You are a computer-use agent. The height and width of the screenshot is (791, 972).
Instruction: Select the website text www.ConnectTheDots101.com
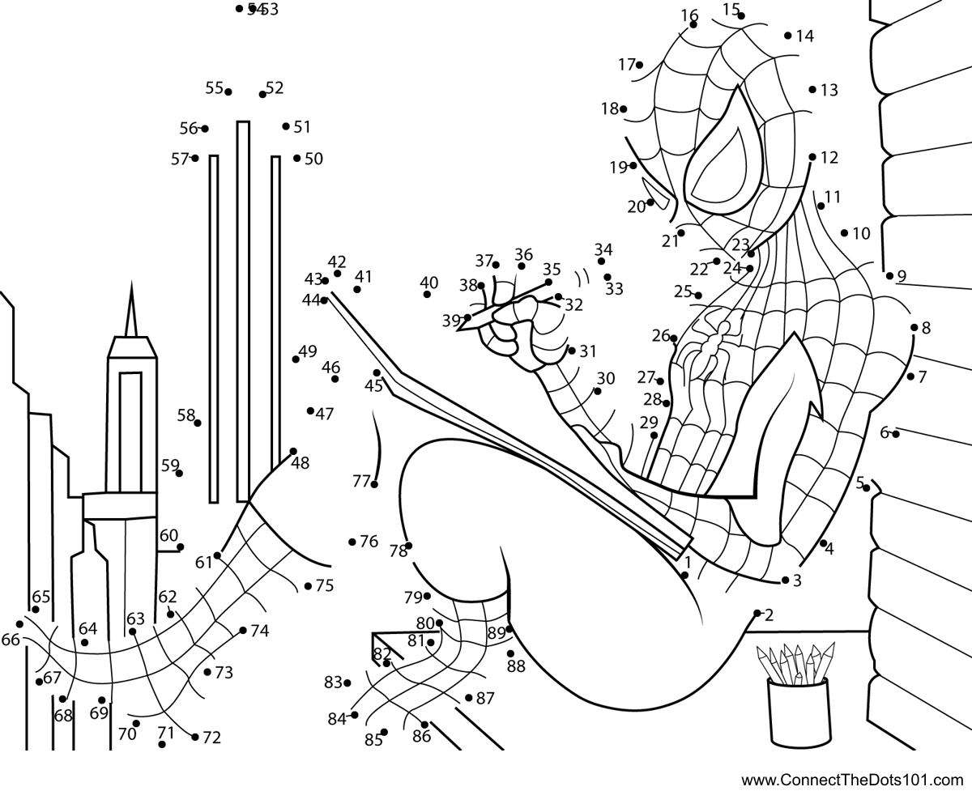[855, 780]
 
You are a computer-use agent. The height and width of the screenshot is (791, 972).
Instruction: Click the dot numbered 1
[685, 575]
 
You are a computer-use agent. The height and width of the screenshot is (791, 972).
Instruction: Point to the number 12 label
[829, 158]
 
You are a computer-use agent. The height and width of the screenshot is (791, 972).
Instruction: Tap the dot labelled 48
[293, 452]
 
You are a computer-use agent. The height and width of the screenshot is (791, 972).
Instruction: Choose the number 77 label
[361, 480]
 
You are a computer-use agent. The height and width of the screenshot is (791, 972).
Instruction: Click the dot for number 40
[427, 294]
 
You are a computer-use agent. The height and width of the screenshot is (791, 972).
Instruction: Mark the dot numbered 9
[889, 275]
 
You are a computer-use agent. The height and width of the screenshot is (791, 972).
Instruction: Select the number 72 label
[211, 738]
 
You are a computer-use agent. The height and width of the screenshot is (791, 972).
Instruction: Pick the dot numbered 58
[198, 423]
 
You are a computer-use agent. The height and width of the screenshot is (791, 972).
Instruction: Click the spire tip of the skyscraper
[130, 285]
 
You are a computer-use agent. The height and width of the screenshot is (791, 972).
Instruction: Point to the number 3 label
[797, 580]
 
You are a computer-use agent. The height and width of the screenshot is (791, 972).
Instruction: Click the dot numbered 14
[788, 35]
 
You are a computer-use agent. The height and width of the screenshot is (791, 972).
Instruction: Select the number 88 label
[516, 667]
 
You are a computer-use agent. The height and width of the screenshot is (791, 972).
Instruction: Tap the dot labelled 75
[308, 585]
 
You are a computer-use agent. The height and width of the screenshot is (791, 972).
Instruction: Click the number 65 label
[41, 597]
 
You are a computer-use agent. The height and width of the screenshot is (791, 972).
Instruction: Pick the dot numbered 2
[757, 613]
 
